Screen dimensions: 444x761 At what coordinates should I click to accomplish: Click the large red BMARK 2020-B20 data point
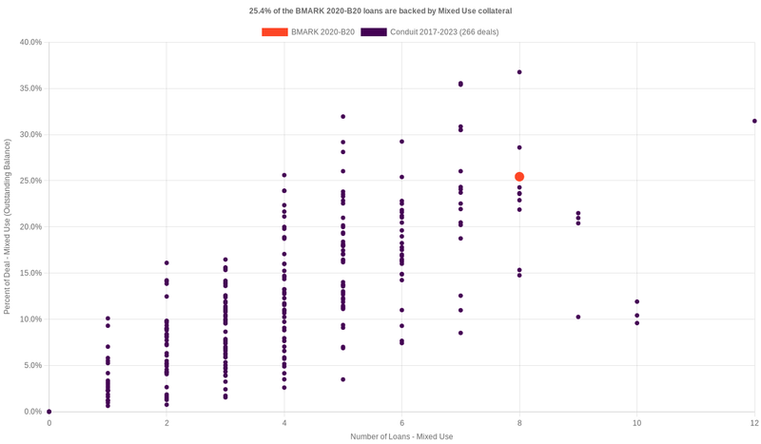click(519, 177)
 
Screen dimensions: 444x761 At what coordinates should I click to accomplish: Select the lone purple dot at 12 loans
click(754, 121)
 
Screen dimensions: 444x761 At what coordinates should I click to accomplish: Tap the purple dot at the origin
click(49, 412)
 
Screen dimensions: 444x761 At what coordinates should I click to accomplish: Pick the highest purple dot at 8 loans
click(519, 72)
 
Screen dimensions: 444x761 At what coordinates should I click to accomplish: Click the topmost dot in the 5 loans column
click(342, 117)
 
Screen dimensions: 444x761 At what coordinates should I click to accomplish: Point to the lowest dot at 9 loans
click(578, 317)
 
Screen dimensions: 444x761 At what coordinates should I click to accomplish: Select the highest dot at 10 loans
click(637, 301)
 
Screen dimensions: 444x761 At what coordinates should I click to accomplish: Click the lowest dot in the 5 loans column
click(342, 379)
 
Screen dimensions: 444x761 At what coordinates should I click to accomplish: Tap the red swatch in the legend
click(275, 32)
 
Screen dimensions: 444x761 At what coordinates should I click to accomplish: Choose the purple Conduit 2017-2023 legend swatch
click(374, 32)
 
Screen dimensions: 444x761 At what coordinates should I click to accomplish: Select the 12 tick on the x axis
click(753, 422)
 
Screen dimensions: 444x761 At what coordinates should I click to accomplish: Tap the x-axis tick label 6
click(401, 422)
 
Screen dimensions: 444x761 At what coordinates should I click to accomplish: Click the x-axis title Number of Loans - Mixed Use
click(400, 436)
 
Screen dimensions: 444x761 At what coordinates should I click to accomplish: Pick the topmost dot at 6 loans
click(401, 142)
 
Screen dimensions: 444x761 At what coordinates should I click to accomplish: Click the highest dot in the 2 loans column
click(166, 262)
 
